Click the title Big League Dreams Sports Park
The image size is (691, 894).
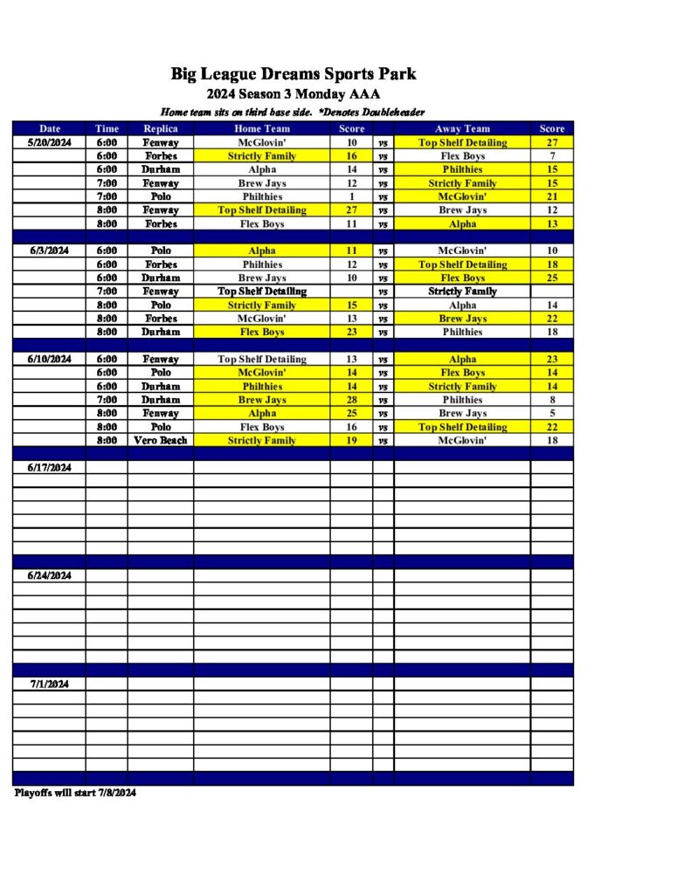click(x=294, y=73)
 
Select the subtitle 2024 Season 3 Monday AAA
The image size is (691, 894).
click(x=294, y=94)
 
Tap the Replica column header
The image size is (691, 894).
click(x=161, y=128)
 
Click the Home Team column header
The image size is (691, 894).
click(x=262, y=128)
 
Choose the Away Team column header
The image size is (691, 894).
click(x=462, y=128)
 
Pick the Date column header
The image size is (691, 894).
click(x=50, y=128)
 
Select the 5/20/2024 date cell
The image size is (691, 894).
click(x=50, y=142)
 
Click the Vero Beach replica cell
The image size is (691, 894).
click(x=161, y=441)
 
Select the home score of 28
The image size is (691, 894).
click(x=352, y=400)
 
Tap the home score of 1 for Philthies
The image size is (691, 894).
click(x=352, y=196)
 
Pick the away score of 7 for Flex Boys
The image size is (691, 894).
click(x=552, y=156)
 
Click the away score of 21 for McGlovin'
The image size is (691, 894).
click(x=552, y=196)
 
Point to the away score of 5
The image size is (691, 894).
click(x=552, y=413)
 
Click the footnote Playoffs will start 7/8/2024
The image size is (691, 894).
click(x=76, y=793)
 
